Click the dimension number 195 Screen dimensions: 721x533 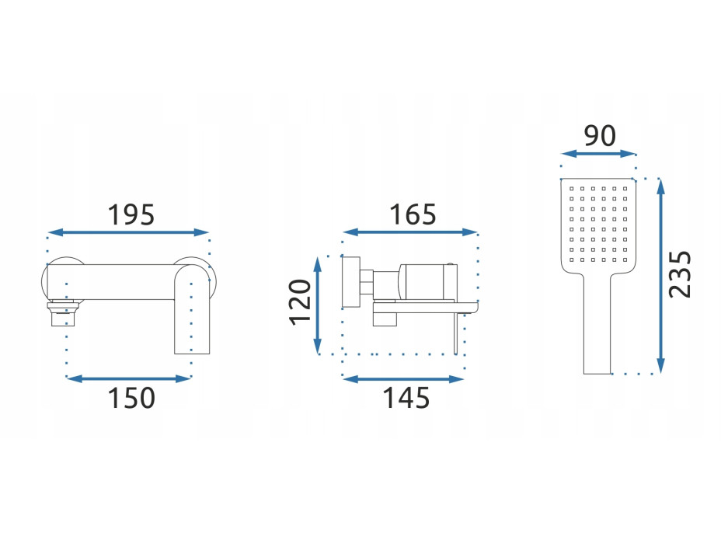pos(131,214)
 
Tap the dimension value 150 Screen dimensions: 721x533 pos(131,399)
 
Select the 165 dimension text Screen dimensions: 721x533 pos(413,214)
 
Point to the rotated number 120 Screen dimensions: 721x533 pos(300,302)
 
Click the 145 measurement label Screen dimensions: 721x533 pos(406,399)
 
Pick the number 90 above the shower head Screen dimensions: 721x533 pos(600,136)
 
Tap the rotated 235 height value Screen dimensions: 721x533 pos(680,274)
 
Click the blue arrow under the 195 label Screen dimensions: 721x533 pos(128,232)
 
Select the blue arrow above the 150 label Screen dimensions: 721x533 pos(129,379)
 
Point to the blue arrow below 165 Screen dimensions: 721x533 pos(410,232)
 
